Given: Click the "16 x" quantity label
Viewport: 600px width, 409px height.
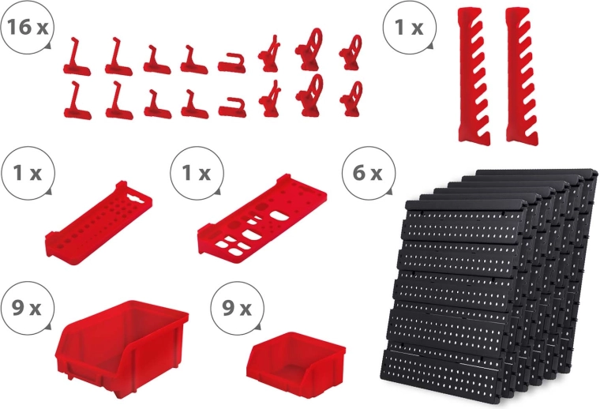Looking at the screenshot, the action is pyautogui.click(x=27, y=28).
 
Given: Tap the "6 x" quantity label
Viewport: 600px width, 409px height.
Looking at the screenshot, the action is pyautogui.click(x=367, y=173).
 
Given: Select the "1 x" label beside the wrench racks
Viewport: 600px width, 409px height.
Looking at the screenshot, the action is pyautogui.click(x=409, y=28).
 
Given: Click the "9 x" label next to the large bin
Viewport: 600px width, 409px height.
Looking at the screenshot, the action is pyautogui.click(x=26, y=308).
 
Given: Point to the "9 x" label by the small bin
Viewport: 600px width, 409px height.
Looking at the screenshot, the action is pyautogui.click(x=237, y=308).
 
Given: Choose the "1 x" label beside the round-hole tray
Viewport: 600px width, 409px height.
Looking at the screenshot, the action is pyautogui.click(x=27, y=173).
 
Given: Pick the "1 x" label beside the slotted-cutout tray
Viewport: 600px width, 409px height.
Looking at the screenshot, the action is pyautogui.click(x=197, y=173).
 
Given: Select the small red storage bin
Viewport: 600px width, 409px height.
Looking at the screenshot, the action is pyautogui.click(x=296, y=362).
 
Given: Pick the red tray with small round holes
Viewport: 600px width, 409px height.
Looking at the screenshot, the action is pyautogui.click(x=99, y=223).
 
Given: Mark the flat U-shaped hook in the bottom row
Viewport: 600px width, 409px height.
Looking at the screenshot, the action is pyautogui.click(x=232, y=107).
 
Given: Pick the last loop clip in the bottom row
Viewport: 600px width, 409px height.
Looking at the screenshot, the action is pyautogui.click(x=351, y=99).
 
